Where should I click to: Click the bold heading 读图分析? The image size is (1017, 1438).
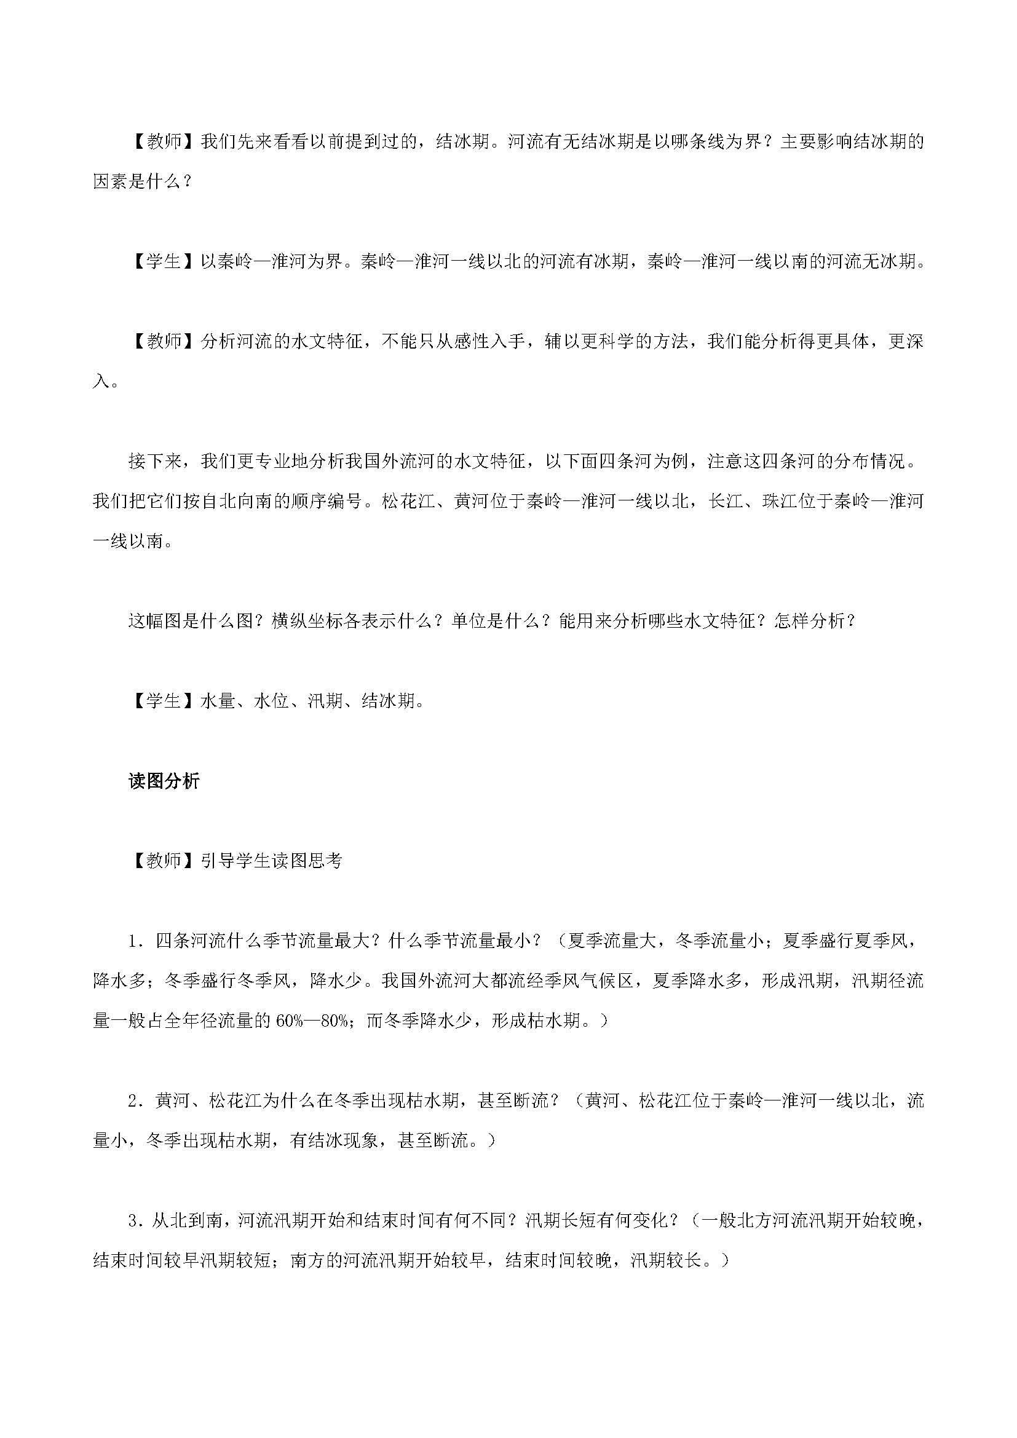click(x=164, y=781)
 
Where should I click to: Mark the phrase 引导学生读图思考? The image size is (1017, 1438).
click(x=272, y=861)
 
